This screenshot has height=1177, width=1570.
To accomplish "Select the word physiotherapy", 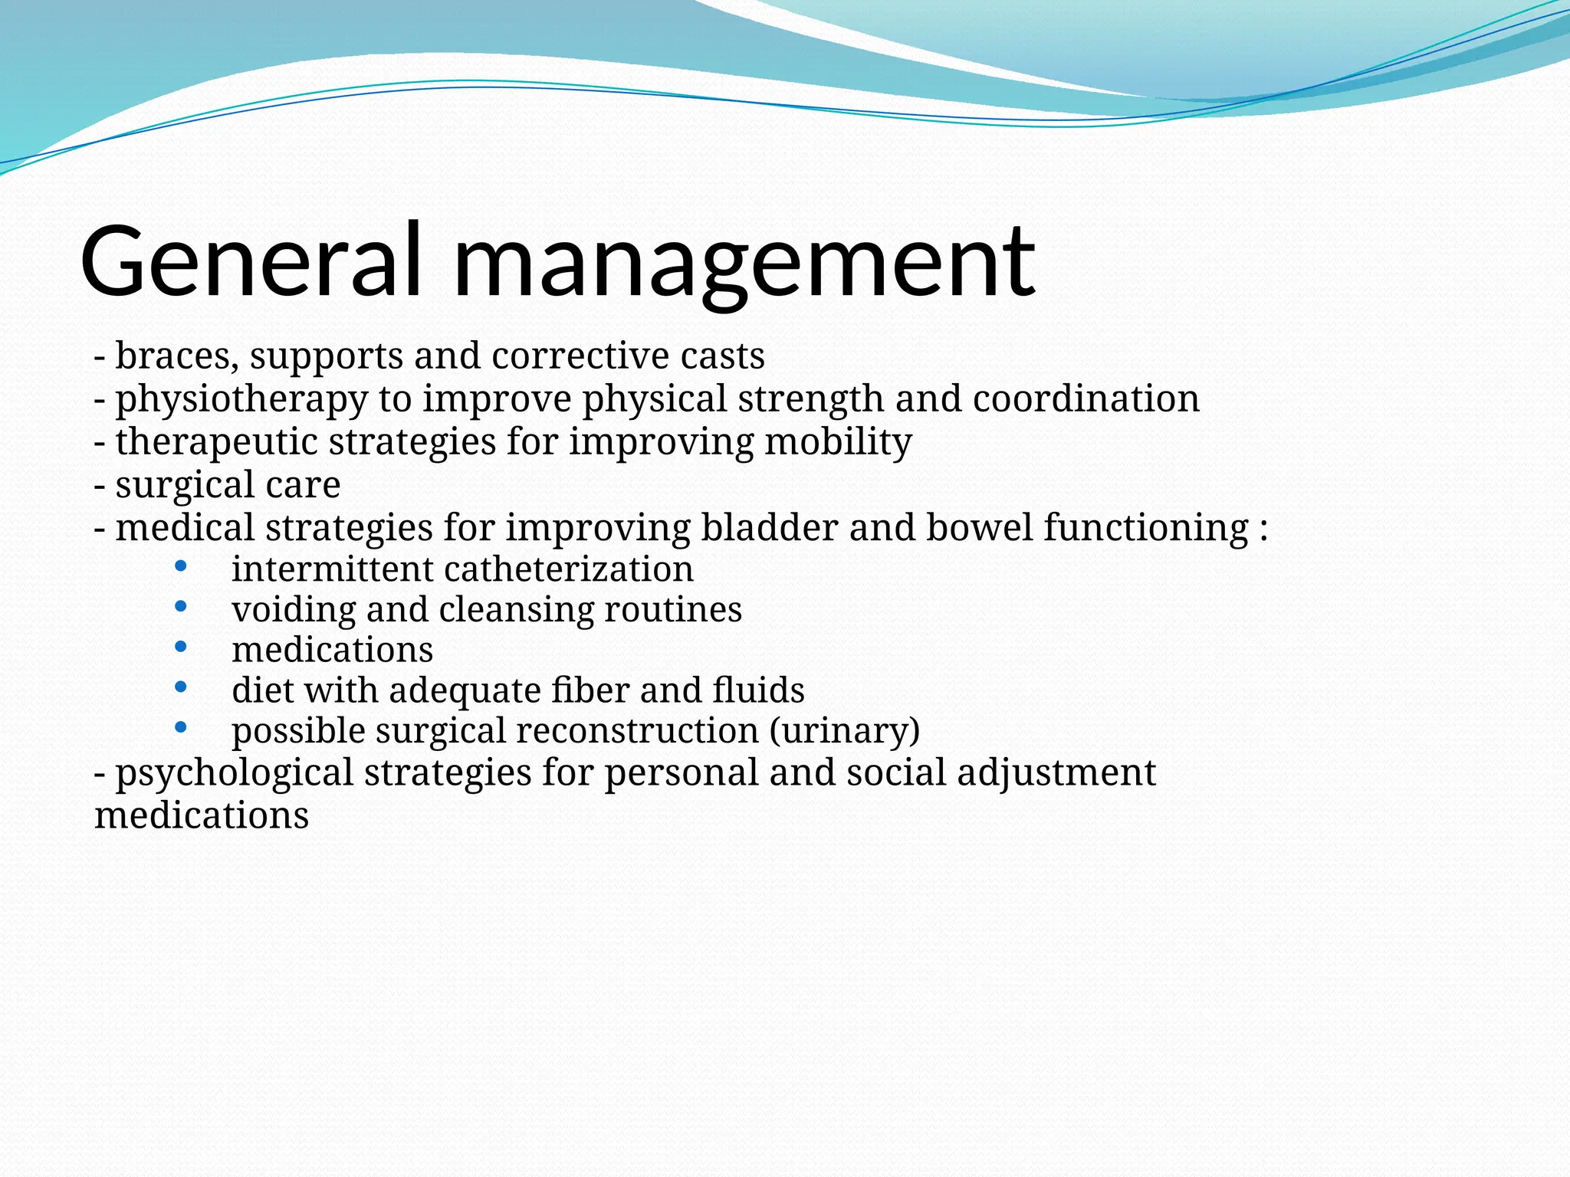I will coord(241,400).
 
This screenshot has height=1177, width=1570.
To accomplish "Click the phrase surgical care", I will coord(228,485).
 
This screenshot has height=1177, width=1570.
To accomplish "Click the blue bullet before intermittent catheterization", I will coord(181,567).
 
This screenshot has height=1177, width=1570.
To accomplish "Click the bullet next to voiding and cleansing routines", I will coord(181,607).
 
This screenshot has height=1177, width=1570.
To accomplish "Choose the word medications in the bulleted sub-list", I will coord(332,650).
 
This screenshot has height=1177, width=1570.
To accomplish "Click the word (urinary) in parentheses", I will coord(844,730).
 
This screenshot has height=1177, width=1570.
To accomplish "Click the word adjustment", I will coord(1056,772).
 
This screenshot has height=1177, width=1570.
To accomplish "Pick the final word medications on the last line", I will coord(201,815).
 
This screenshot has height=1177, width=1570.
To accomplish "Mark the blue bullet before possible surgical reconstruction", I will coord(181,727).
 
